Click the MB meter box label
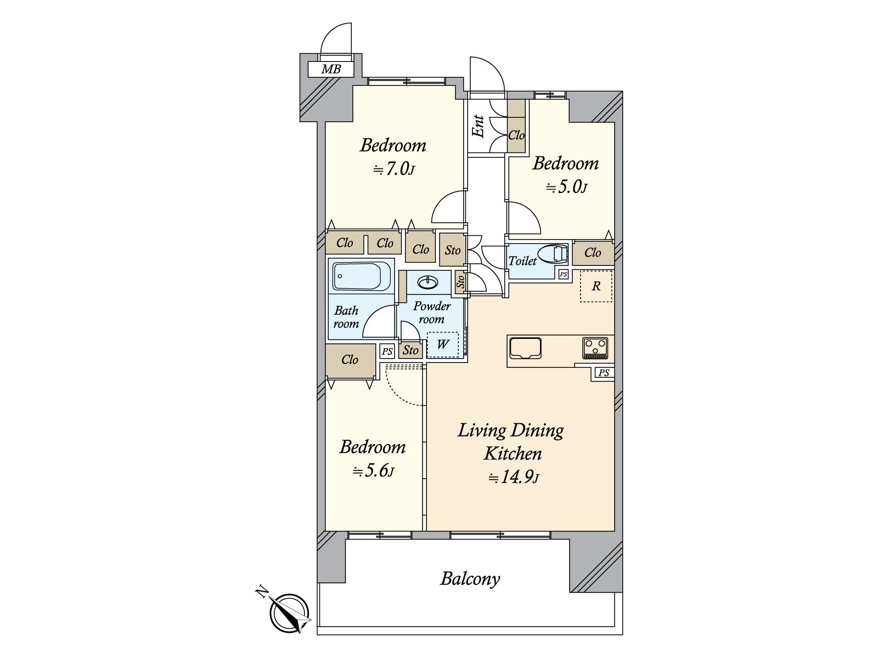[331, 69]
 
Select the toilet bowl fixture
[553, 254]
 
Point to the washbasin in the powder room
[427, 282]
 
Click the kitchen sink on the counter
[525, 348]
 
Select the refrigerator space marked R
[596, 286]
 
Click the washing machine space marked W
[443, 344]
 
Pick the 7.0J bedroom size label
[393, 170]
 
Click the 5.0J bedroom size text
[566, 187]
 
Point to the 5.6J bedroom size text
[373, 472]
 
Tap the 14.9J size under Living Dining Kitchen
[514, 478]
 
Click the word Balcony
[470, 579]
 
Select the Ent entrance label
[478, 126]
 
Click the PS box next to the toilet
[563, 274]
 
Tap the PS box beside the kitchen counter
[604, 373]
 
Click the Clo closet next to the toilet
[593, 253]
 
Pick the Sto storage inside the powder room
[411, 350]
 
